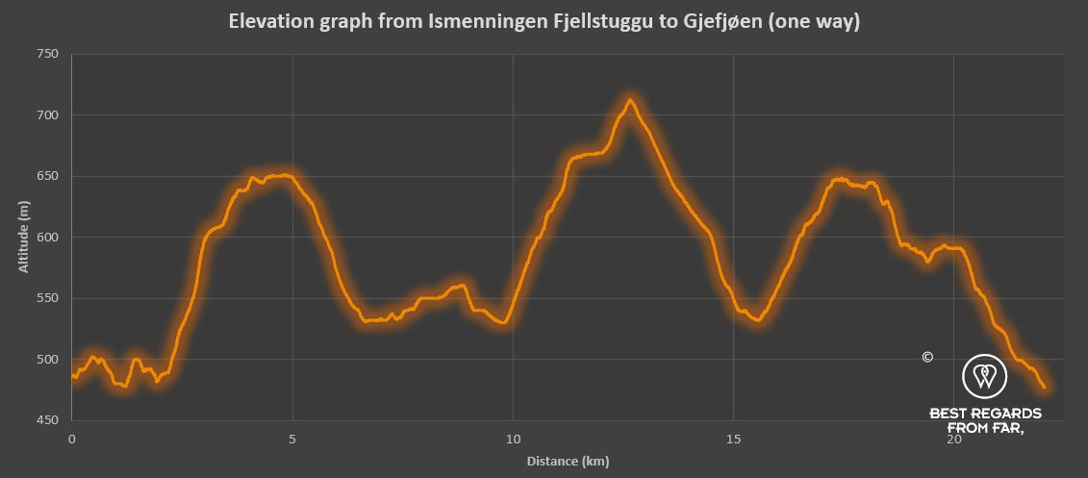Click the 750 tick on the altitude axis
coord(48,55)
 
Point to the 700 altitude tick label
coord(48,115)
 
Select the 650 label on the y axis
coord(48,176)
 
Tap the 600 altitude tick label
coord(48,238)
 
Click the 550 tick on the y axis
coord(48,298)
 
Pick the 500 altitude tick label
coord(48,360)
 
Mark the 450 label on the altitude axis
coord(48,420)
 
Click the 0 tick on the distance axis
coord(72,439)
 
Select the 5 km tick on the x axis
coord(292,439)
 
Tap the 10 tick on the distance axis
coord(513,439)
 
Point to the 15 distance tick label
coord(733,439)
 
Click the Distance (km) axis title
coord(568,462)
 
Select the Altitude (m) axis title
coord(23,237)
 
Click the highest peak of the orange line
coord(630,100)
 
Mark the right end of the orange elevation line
coord(1044,388)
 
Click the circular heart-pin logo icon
coord(984,376)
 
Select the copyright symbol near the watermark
coord(927,357)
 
